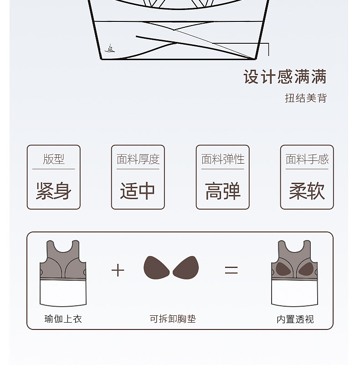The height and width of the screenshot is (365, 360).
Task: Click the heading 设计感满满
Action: pyautogui.click(x=285, y=77)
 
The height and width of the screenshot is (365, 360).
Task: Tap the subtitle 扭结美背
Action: pyautogui.click(x=306, y=98)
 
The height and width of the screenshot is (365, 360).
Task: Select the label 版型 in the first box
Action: pyautogui.click(x=54, y=159)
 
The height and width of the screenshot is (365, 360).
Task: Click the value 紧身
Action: pyautogui.click(x=54, y=191)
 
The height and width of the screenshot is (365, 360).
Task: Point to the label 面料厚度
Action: pyautogui.click(x=138, y=159)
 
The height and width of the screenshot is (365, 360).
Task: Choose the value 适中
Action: pyautogui.click(x=138, y=191)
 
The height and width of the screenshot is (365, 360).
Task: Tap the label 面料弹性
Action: pyautogui.click(x=223, y=159)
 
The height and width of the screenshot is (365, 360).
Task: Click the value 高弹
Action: pyautogui.click(x=223, y=191)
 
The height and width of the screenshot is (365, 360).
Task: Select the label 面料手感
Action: pyautogui.click(x=307, y=159)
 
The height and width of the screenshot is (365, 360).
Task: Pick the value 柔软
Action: pyautogui.click(x=307, y=191)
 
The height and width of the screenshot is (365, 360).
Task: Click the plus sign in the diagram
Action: pyautogui.click(x=118, y=270)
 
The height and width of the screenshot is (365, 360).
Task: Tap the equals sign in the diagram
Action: pyautogui.click(x=231, y=270)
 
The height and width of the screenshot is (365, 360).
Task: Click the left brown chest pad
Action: pyautogui.click(x=157, y=267)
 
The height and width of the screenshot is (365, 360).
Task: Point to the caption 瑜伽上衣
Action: pyautogui.click(x=63, y=319)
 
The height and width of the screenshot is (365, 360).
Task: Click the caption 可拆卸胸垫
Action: pyautogui.click(x=173, y=319)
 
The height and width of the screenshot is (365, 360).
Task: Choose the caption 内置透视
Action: pyautogui.click(x=295, y=319)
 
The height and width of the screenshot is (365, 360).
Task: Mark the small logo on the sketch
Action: pyautogui.click(x=110, y=49)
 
